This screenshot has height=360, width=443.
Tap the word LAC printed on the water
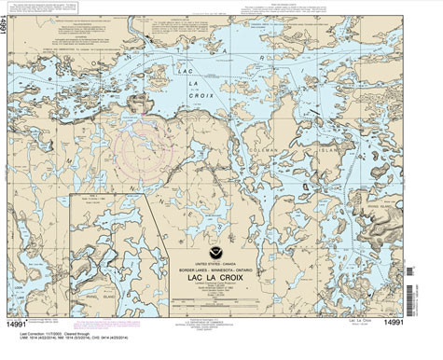click(187, 71)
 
